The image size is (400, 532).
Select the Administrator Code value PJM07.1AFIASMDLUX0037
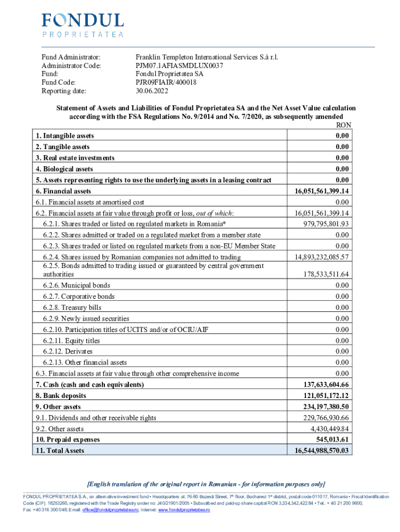pyautogui.click(x=179, y=65)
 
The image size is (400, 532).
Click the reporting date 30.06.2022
pyautogui.click(x=152, y=90)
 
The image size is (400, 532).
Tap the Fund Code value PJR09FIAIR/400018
pyautogui.click(x=166, y=82)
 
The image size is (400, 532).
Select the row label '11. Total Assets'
pyautogui.click(x=60, y=450)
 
